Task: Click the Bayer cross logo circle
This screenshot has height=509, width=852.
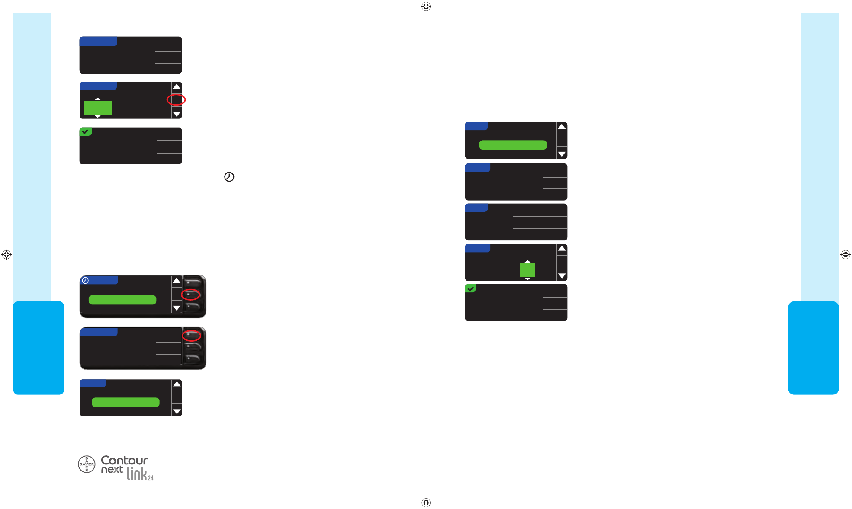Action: (x=87, y=464)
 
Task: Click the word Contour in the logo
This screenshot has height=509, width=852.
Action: (x=124, y=460)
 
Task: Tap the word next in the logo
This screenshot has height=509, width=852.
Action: (x=112, y=470)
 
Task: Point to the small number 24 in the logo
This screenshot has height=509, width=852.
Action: (x=151, y=478)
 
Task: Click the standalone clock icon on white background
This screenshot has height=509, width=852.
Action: (x=229, y=177)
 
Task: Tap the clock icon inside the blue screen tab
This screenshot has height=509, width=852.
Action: (x=85, y=281)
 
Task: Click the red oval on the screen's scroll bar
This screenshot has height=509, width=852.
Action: (x=176, y=100)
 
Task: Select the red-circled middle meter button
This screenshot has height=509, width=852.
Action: (x=191, y=295)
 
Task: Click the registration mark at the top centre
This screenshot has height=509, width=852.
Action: (x=426, y=6)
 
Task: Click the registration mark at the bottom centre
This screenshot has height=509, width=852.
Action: (x=426, y=503)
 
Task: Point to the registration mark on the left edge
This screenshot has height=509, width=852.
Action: (x=6, y=255)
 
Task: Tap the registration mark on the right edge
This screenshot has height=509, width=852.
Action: (x=846, y=255)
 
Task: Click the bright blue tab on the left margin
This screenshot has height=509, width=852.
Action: (x=39, y=348)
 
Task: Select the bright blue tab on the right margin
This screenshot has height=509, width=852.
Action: (x=813, y=348)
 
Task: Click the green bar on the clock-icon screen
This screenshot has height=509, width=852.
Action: (x=122, y=300)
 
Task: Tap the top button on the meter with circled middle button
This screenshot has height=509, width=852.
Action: (x=193, y=283)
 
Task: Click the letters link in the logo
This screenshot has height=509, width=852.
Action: (x=137, y=474)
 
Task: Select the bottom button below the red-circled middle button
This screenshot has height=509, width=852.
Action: (x=193, y=307)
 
